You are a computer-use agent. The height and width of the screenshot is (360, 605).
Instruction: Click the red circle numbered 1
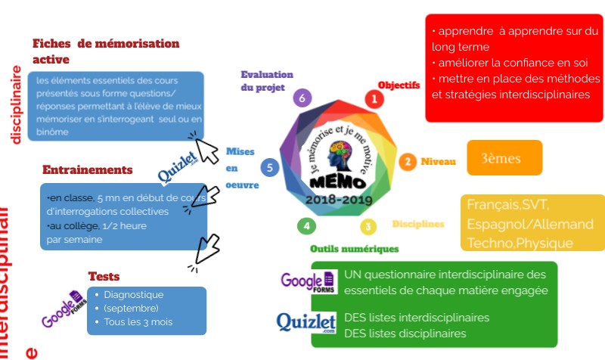pos(372,98)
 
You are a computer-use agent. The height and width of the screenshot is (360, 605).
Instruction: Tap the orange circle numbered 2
pos(408,161)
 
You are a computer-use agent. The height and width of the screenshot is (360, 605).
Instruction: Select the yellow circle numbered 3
pos(368,225)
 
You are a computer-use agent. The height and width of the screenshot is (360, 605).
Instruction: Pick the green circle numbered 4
pos(306,225)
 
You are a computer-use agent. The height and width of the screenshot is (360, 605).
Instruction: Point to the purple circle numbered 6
pos(302,98)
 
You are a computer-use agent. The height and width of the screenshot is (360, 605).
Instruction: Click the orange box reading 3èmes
pos(504,157)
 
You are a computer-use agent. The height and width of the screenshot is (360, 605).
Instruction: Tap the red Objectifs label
pos(399,85)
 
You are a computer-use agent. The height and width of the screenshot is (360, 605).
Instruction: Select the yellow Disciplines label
pos(417,224)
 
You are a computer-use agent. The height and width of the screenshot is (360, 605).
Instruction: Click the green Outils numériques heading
pos(354,248)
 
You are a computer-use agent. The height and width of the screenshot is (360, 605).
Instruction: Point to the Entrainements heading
pos(87,169)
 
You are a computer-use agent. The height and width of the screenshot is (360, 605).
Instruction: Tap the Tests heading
pos(104,277)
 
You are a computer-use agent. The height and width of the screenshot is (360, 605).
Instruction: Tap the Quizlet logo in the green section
pos(306,323)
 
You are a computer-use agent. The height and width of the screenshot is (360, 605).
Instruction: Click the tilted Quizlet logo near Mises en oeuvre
pos(178,169)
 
